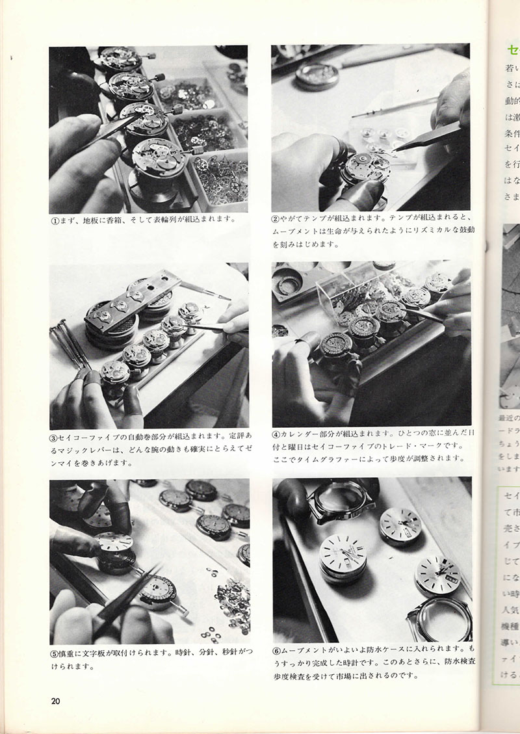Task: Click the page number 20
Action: pyautogui.click(x=57, y=700)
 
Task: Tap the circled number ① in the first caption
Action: pyautogui.click(x=57, y=219)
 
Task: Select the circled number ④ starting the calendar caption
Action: pyautogui.click(x=278, y=434)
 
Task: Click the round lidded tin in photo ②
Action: pyautogui.click(x=316, y=76)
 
